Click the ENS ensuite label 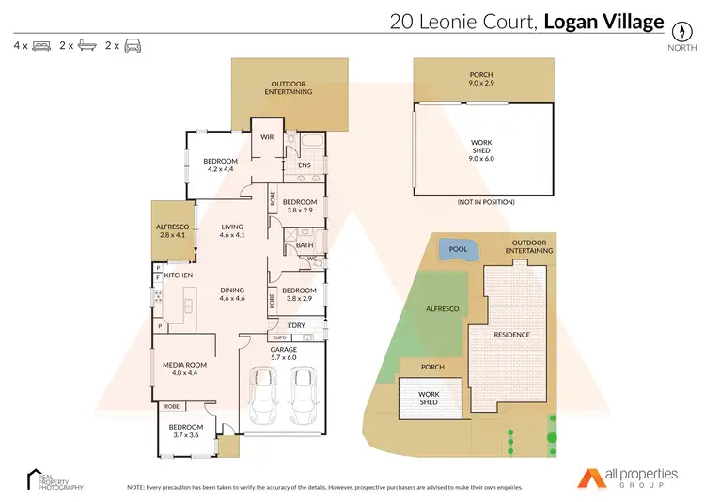[x=304, y=166]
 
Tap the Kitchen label [x=179, y=275]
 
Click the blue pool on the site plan [x=458, y=251]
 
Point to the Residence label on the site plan [x=512, y=335]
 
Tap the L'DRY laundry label [x=297, y=325]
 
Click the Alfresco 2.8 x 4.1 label [x=173, y=231]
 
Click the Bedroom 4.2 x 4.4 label [x=222, y=165]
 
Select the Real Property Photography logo [x=55, y=479]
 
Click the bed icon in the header [x=40, y=45]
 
